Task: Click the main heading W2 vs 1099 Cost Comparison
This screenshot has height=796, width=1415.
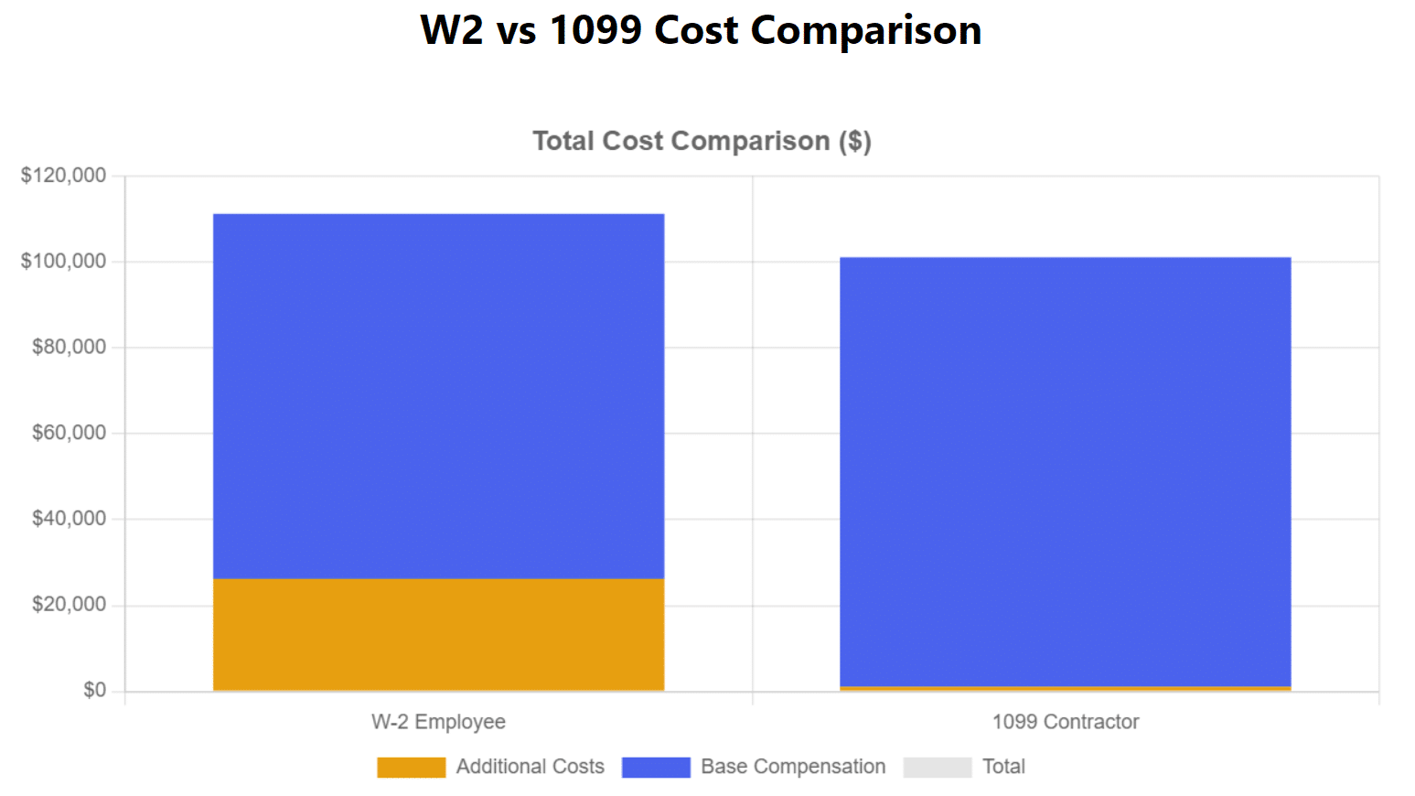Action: [701, 30]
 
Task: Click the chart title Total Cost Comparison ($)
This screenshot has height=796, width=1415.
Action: [702, 141]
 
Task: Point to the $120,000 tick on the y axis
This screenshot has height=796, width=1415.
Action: [63, 175]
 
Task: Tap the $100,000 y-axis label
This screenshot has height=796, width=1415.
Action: [63, 261]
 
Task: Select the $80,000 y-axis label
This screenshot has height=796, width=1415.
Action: [69, 347]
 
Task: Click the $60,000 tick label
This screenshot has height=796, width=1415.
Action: [69, 433]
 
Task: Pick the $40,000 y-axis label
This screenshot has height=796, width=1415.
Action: [69, 519]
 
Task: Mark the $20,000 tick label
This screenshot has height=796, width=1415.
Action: [69, 605]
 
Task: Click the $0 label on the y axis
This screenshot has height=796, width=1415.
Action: [94, 690]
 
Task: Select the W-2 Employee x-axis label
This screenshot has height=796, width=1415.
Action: [438, 722]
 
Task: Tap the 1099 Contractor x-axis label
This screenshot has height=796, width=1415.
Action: [1066, 722]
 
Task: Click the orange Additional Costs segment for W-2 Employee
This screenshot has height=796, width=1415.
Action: [438, 634]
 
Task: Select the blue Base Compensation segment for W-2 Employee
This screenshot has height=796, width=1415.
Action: [438, 395]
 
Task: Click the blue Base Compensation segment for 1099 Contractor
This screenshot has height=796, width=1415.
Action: [1066, 471]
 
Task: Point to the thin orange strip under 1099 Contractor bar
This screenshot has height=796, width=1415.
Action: [1066, 688]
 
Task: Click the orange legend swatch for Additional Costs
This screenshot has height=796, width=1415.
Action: [411, 767]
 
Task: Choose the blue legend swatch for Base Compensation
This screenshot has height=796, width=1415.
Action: [656, 767]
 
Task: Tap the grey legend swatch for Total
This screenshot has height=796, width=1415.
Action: [937, 767]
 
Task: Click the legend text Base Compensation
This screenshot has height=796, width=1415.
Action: [793, 767]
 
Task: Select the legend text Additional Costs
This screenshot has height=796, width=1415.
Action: [530, 767]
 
